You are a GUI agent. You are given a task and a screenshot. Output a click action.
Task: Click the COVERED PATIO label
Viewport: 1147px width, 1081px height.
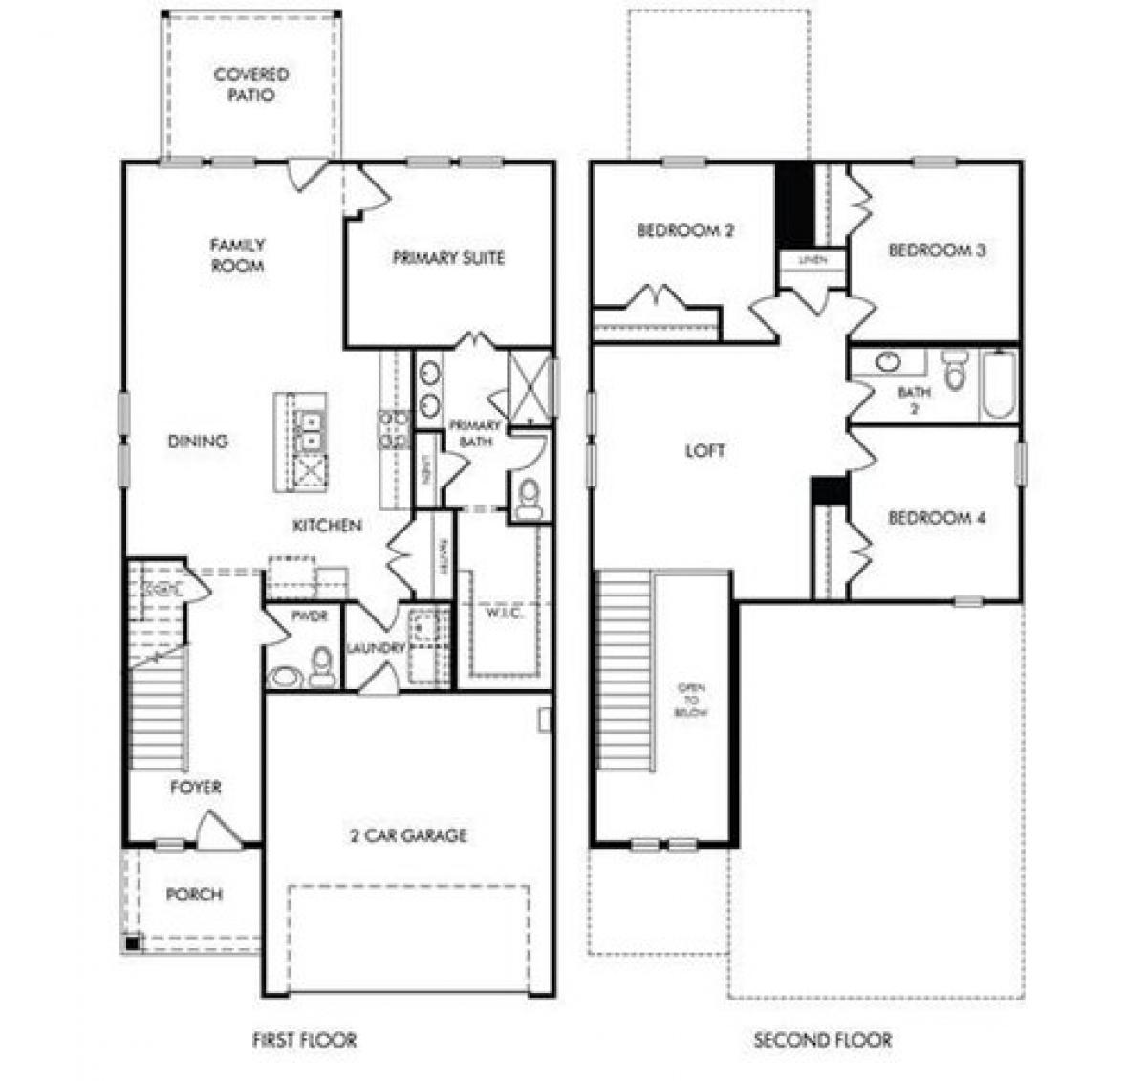point(250,85)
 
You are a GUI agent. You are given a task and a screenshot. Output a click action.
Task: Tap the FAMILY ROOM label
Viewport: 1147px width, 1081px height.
point(237,256)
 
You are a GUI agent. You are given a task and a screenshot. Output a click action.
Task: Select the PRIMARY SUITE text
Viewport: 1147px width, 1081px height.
point(448,258)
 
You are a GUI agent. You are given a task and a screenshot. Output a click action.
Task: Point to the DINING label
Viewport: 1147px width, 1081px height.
point(198,442)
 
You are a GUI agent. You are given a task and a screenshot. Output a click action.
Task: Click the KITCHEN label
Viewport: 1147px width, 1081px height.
point(327,526)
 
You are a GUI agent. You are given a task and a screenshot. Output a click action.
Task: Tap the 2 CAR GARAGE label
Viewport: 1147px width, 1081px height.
point(408,835)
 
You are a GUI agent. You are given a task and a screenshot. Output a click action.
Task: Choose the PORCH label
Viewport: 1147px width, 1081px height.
point(194,895)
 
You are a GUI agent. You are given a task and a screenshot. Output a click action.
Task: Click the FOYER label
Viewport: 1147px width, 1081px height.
point(195,788)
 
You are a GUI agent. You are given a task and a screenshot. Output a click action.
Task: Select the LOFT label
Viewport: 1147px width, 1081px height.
point(704,450)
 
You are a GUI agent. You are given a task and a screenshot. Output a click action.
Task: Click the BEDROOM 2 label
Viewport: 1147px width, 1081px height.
point(685,230)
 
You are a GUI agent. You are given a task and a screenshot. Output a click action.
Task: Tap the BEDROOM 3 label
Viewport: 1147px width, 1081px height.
point(936,250)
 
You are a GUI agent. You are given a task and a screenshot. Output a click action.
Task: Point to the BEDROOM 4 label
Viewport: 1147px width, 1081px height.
point(936,518)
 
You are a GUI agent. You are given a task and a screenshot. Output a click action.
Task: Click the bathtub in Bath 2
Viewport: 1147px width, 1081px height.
point(998,385)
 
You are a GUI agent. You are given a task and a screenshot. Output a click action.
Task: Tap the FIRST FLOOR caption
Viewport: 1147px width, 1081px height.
point(304,1040)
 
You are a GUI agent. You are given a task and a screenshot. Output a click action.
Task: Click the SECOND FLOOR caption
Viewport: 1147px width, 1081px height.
point(822,1040)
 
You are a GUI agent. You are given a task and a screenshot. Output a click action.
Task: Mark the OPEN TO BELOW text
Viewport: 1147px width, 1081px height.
point(691,700)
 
